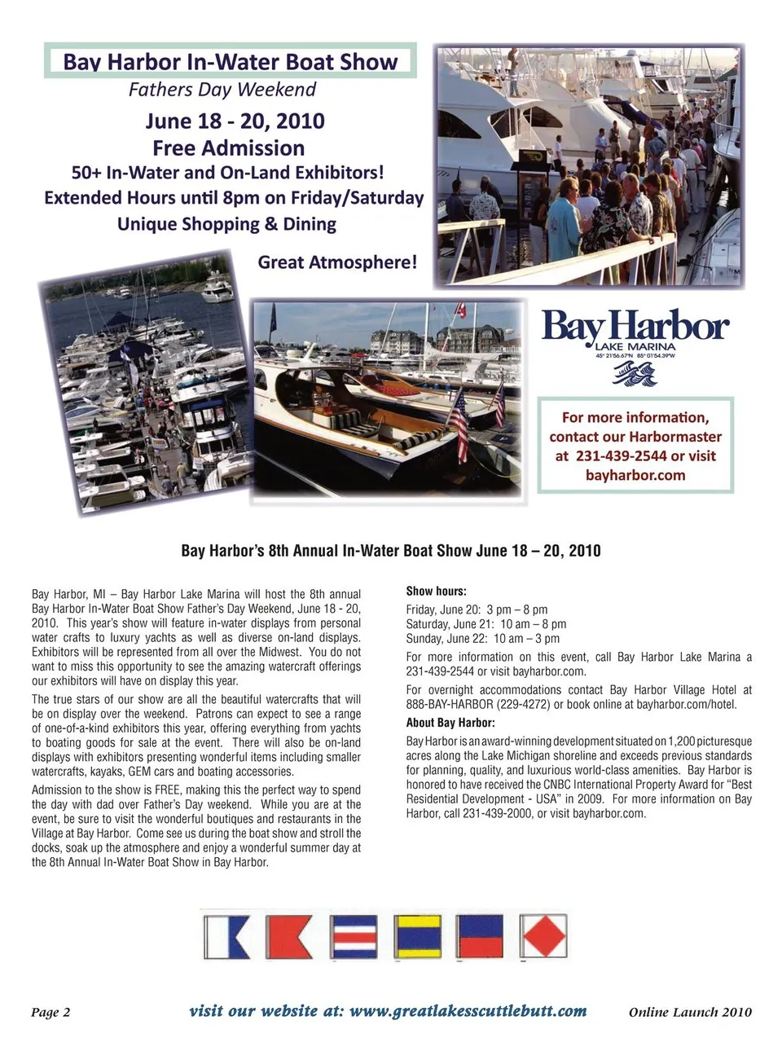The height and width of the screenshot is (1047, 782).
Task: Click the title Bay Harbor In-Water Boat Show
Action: (231, 62)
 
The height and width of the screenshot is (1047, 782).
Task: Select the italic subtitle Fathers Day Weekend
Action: (222, 90)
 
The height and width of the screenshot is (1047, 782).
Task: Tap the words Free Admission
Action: (228, 148)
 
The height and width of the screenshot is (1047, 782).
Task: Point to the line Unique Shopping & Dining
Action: (226, 224)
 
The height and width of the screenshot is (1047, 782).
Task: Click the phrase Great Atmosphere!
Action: (337, 262)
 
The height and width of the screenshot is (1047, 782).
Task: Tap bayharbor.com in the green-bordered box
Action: (635, 475)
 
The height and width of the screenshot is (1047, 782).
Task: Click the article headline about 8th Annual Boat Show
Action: (391, 551)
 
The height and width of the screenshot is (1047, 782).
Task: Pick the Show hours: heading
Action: (437, 592)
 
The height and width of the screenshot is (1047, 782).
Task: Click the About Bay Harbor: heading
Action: (450, 723)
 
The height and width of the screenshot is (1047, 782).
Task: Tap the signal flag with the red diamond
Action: (543, 935)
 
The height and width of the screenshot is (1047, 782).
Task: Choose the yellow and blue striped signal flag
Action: (418, 935)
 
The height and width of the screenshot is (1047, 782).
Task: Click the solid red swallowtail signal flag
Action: (289, 935)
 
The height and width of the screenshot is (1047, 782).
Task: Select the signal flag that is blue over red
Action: (481, 935)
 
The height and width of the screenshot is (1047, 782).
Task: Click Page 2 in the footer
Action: (51, 1013)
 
